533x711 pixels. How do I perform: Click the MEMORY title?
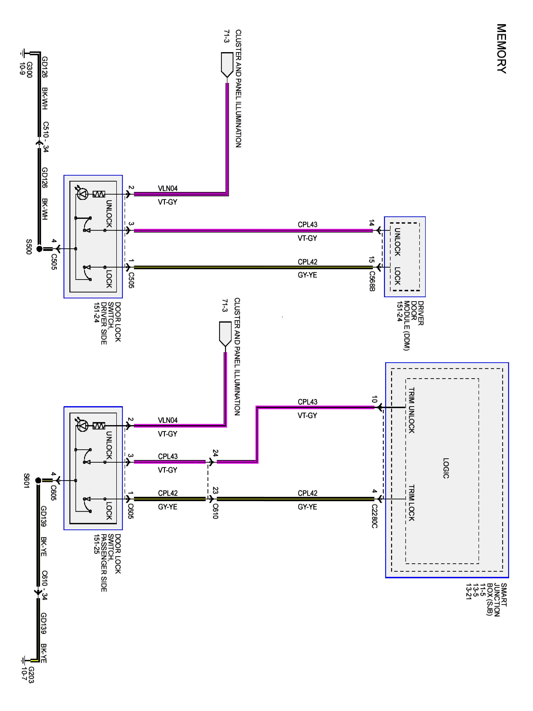[501, 49]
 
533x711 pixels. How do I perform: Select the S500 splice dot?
[39, 249]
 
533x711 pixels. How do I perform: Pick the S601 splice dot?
[38, 481]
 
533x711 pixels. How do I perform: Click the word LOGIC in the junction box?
[446, 468]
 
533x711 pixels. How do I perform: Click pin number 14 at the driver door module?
[372, 223]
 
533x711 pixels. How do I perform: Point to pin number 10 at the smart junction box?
[374, 399]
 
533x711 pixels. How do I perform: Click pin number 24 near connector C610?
[216, 453]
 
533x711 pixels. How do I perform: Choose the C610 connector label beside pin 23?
[215, 511]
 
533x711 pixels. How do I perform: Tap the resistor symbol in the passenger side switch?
[99, 426]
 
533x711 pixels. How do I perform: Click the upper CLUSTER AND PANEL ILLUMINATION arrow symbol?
[227, 65]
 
